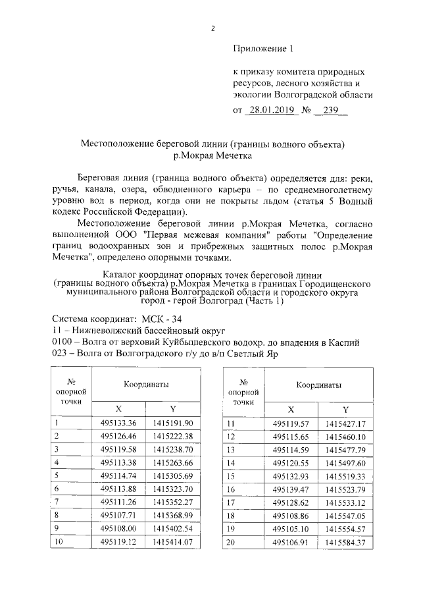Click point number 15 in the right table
point(230,475)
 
